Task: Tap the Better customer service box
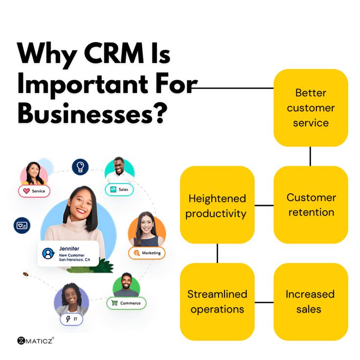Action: tap(311, 108)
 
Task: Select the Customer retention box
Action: tap(311, 204)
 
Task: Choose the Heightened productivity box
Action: tap(217, 205)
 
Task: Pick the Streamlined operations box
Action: tap(217, 302)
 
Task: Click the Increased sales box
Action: tap(311, 302)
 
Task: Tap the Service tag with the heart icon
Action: tap(34, 191)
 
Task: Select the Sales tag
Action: tap(119, 189)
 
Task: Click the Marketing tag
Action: tap(147, 253)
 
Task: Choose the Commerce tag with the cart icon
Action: tap(126, 303)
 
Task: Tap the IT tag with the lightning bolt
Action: tap(71, 318)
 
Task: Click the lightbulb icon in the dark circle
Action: tap(80, 167)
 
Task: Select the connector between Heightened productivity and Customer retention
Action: tap(264, 205)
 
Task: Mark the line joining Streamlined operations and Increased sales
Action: tap(264, 302)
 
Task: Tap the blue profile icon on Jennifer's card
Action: tap(48, 253)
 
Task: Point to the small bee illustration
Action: tap(25, 274)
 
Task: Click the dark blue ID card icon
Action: tap(22, 225)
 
